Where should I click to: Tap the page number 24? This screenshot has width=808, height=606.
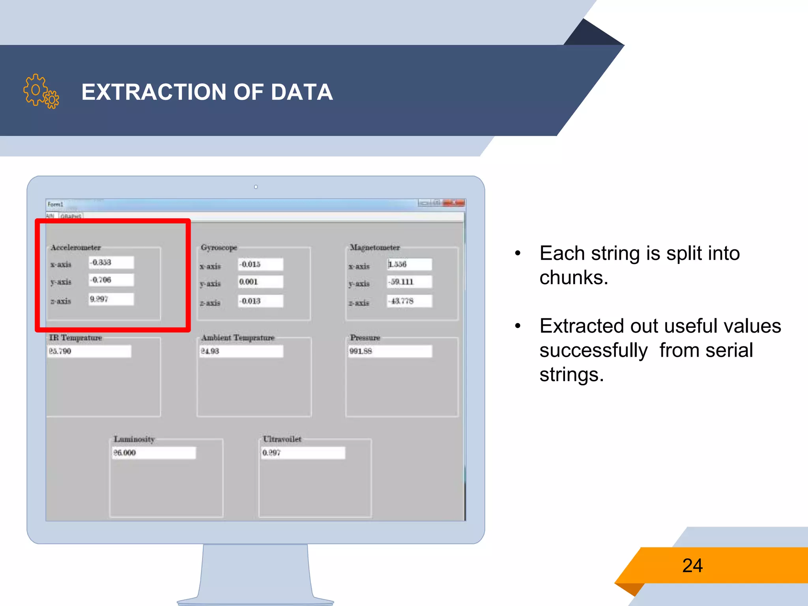coord(692,565)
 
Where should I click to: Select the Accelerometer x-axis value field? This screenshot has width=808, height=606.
coord(111,262)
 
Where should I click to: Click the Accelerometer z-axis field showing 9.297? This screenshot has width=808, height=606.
coord(111,299)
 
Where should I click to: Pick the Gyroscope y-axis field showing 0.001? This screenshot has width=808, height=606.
coord(260,282)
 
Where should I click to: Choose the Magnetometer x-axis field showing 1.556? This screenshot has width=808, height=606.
coord(410,264)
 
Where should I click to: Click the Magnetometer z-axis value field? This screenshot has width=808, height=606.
coord(410,301)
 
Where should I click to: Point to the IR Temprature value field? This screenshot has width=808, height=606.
coord(89,351)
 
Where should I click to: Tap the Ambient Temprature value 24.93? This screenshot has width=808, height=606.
coord(241,351)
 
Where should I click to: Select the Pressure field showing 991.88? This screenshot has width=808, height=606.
coord(390,351)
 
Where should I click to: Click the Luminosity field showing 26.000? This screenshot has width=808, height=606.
coord(154,453)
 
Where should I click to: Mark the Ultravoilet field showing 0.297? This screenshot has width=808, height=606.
coord(303,453)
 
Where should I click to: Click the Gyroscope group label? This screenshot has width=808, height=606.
coord(219,247)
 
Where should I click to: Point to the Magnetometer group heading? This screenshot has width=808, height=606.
coord(375,247)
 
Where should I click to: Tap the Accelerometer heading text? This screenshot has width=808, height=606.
coord(76,247)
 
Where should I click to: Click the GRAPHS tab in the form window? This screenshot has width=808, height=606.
coord(71,216)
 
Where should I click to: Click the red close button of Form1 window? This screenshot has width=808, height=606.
coord(454,203)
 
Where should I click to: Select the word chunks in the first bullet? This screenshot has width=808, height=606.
coord(573,277)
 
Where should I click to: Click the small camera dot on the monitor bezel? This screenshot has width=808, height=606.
coord(256,187)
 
